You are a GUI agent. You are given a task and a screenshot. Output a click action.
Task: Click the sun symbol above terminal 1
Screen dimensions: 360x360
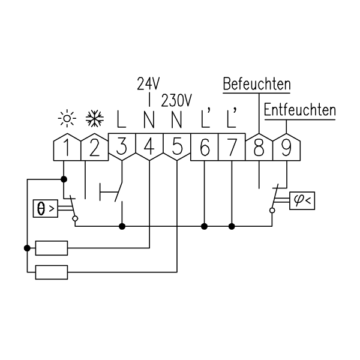click(67, 119)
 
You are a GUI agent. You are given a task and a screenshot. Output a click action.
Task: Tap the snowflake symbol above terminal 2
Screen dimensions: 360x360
click(95, 119)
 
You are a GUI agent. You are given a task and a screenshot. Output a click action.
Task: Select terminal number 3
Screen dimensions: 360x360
click(122, 147)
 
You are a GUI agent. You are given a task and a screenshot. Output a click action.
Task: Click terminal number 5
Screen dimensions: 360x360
click(177, 147)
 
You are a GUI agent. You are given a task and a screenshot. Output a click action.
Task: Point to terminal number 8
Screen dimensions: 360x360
click(259, 147)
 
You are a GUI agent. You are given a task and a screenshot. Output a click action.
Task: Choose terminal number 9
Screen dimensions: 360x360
click(286, 147)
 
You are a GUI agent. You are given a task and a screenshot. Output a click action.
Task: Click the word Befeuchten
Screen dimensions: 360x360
click(257, 84)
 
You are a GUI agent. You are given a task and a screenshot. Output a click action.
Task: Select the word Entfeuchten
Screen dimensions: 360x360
click(300, 110)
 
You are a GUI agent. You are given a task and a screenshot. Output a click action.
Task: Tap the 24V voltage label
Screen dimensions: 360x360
click(148, 83)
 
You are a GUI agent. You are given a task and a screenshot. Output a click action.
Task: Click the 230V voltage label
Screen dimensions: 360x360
click(176, 101)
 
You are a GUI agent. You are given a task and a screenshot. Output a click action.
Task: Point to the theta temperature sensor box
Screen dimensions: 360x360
click(46, 208)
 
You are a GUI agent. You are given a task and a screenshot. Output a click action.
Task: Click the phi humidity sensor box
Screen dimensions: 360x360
click(302, 200)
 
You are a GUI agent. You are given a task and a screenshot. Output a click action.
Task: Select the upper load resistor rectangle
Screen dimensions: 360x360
click(52, 248)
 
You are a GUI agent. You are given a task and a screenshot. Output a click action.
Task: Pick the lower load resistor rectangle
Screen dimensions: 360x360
click(52, 272)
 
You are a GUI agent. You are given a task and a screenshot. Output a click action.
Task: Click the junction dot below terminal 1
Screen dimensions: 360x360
click(64, 179)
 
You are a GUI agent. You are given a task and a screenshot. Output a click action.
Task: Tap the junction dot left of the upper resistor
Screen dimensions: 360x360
click(27, 248)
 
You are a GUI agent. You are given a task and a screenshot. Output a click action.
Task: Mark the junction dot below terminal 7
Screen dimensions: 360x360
click(232, 226)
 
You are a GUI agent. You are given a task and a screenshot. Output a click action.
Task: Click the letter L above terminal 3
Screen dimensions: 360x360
click(121, 119)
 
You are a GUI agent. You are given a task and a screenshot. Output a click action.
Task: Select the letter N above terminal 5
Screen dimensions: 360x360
click(176, 119)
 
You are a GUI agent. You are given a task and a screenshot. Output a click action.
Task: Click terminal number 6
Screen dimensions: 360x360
click(205, 147)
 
